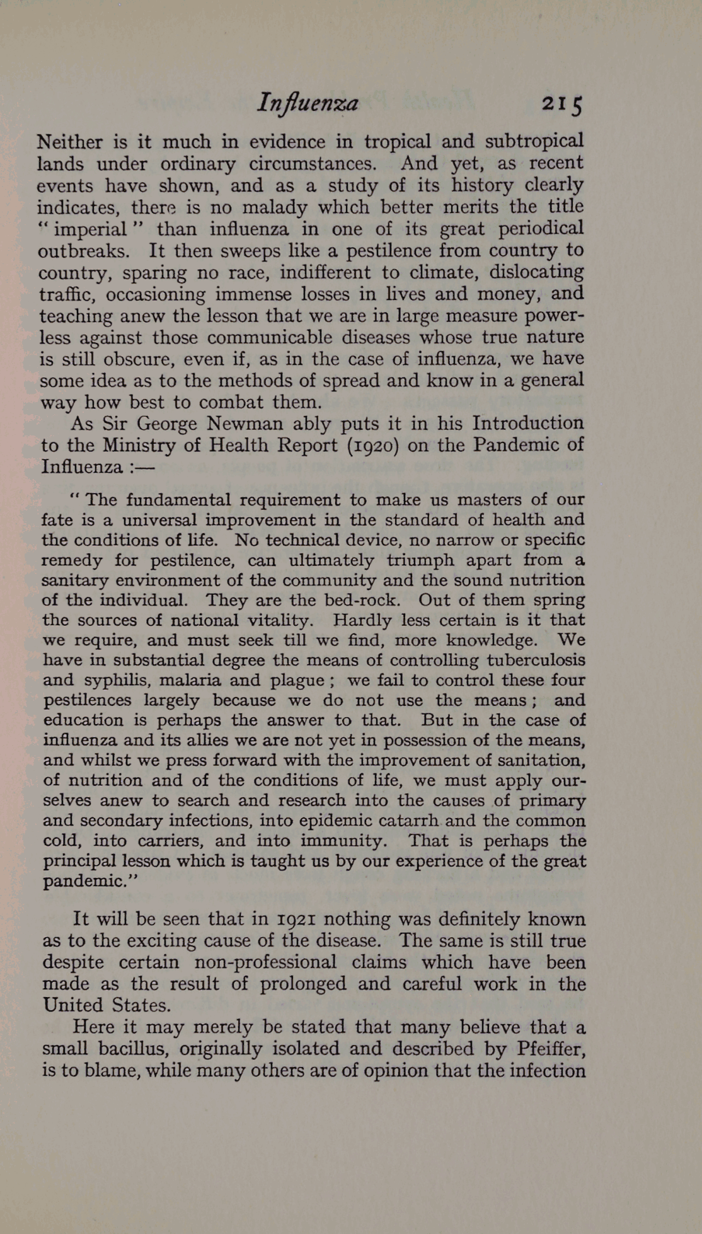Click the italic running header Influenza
pos(308,103)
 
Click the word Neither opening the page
pos(69,141)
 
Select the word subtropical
pos(534,141)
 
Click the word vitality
pos(277,620)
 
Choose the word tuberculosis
pos(536,660)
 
